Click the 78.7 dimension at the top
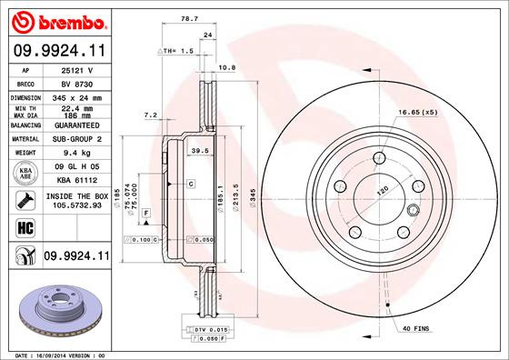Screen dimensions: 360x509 coord(188,16)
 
